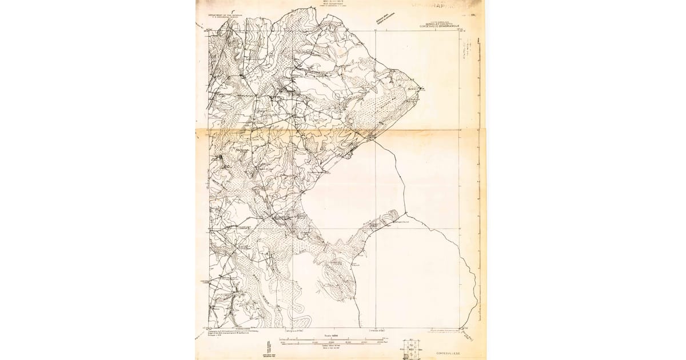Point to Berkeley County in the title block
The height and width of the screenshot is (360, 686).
(x=438, y=23)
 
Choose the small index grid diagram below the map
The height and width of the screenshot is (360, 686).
(x=411, y=349)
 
